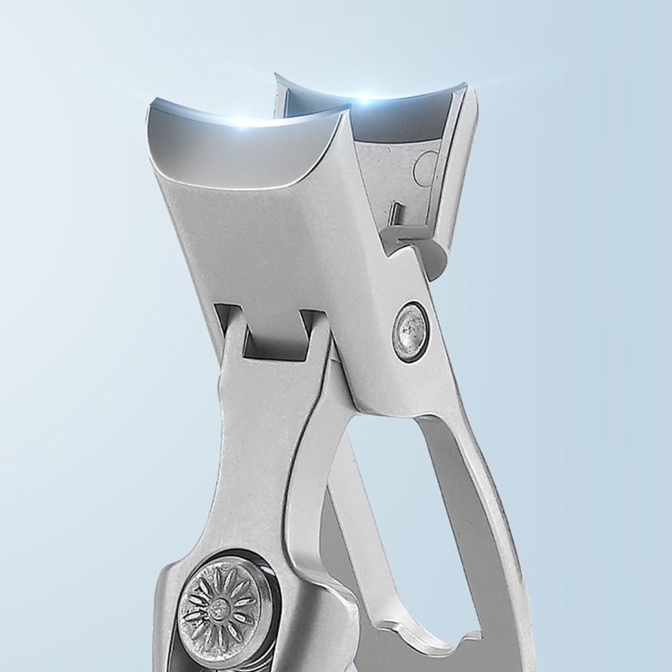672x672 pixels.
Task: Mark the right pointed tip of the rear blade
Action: tap(466, 85)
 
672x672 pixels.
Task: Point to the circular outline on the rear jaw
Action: tap(425, 168)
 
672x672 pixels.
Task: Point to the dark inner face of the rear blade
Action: tap(376, 121)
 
